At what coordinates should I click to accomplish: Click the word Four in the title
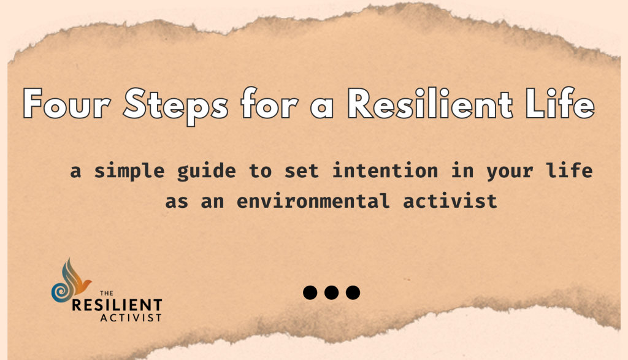pyautogui.click(x=66, y=104)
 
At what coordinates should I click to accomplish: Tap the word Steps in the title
pyautogui.click(x=175, y=106)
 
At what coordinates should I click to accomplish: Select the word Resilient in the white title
pyautogui.click(x=430, y=103)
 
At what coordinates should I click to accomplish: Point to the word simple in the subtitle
pyautogui.click(x=129, y=171)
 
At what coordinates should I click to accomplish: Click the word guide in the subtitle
pyautogui.click(x=206, y=171)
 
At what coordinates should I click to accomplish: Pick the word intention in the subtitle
pyautogui.click(x=385, y=170)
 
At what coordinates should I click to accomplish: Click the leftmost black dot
pyautogui.click(x=310, y=293)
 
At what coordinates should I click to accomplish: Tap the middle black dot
pyautogui.click(x=331, y=293)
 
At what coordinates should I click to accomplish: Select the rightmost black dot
pyautogui.click(x=353, y=293)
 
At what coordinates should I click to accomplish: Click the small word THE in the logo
pyautogui.click(x=107, y=293)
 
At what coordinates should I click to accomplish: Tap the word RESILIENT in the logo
pyautogui.click(x=117, y=305)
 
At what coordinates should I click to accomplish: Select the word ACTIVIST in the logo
pyautogui.click(x=131, y=318)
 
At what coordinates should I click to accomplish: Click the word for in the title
pyautogui.click(x=269, y=103)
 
